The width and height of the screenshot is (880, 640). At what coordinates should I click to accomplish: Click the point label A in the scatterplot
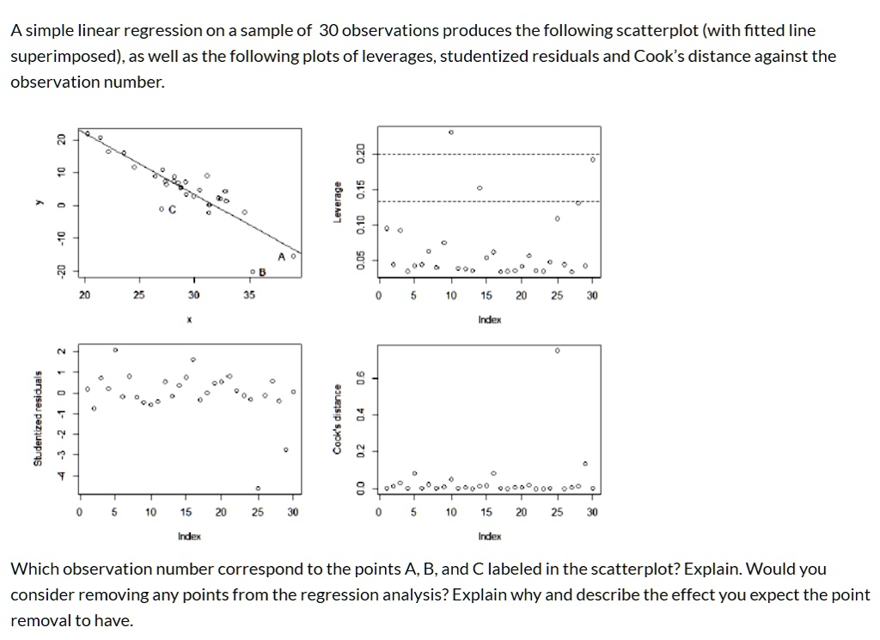click(282, 256)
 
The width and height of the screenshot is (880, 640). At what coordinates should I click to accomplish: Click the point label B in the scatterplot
click(264, 272)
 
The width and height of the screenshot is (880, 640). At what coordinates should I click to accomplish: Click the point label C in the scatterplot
click(173, 209)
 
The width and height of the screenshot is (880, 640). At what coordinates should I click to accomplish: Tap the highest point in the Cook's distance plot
click(557, 351)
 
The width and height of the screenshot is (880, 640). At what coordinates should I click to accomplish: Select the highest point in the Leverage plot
click(451, 132)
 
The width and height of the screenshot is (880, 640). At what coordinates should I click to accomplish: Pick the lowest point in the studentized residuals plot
click(258, 489)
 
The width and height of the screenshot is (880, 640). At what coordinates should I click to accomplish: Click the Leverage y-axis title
click(339, 204)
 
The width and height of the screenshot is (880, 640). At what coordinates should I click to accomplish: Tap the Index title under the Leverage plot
click(490, 319)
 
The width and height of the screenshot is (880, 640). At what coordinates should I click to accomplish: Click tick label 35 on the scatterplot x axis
click(249, 295)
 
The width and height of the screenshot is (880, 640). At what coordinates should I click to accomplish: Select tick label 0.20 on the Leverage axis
click(362, 154)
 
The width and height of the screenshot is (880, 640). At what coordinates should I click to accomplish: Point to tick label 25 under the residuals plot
click(258, 512)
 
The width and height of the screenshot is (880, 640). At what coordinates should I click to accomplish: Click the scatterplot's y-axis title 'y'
click(37, 204)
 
